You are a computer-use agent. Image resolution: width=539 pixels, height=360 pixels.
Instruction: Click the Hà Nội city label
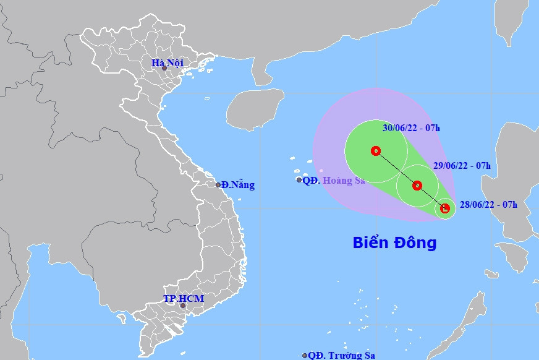(x=168, y=62)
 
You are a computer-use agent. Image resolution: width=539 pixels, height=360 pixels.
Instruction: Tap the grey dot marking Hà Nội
(x=164, y=67)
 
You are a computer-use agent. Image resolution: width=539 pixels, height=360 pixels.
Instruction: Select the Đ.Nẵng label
(x=238, y=185)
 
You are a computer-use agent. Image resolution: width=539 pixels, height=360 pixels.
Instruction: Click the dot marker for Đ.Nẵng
(x=218, y=185)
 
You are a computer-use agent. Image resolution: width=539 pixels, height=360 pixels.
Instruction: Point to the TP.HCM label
(x=183, y=299)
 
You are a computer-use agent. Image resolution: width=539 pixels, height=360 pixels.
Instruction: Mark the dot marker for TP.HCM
(x=182, y=306)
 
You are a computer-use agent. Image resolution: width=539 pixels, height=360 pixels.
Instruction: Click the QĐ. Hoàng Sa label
(x=334, y=181)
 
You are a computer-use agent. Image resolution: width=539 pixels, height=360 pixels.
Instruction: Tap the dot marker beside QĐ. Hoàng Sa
(x=299, y=180)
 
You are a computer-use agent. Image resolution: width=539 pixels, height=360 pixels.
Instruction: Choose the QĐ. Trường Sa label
(x=342, y=355)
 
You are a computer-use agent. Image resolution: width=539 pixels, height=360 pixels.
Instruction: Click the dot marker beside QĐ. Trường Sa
(x=305, y=356)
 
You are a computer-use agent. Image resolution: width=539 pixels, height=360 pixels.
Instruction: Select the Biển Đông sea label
(x=394, y=242)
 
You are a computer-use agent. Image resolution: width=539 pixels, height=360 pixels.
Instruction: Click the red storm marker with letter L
(x=445, y=208)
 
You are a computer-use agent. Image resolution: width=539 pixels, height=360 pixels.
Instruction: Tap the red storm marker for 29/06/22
(x=417, y=185)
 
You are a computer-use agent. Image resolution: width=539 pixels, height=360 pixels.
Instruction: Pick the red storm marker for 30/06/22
(x=375, y=150)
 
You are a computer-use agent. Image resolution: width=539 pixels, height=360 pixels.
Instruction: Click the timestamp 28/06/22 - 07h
(x=488, y=205)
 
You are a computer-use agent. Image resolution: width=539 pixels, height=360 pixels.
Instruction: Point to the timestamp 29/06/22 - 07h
(x=462, y=166)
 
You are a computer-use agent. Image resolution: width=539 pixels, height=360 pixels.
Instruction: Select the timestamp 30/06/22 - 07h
(x=411, y=129)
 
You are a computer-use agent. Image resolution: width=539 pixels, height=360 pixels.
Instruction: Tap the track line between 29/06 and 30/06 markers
(x=396, y=168)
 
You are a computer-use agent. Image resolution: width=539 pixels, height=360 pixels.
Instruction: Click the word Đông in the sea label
(x=415, y=242)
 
